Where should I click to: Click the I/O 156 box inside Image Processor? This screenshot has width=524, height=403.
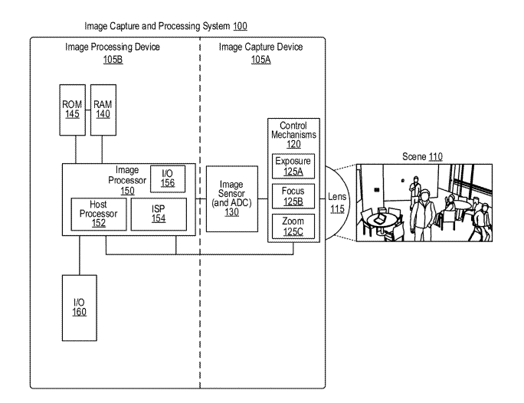168,179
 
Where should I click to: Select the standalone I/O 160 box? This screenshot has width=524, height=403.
79,306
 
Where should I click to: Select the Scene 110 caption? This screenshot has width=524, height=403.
421,156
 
